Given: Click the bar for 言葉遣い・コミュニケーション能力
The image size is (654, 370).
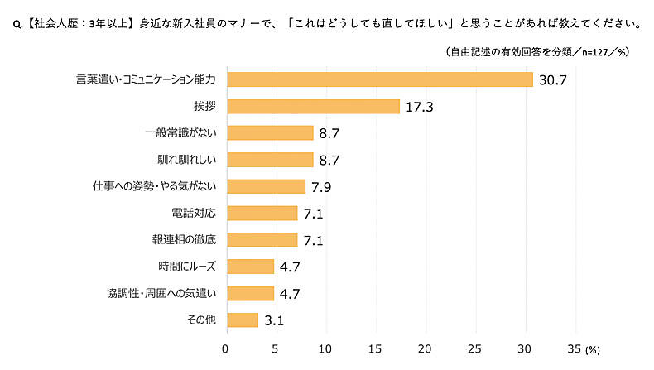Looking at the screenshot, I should (x=379, y=79).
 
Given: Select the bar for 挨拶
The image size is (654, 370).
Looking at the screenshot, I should (x=313, y=106).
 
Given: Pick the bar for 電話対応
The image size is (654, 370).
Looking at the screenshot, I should (x=262, y=213).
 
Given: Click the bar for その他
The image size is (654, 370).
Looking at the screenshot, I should (x=242, y=320).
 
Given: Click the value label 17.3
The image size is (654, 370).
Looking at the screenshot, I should (x=421, y=107).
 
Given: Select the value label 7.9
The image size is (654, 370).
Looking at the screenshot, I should (x=322, y=186).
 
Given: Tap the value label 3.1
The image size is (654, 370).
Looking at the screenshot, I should (x=275, y=320).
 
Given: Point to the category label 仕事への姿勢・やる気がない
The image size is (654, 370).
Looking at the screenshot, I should (x=154, y=186).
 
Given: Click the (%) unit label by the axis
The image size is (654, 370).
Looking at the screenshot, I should (x=595, y=351).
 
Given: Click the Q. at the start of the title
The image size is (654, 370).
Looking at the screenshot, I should (x=12, y=24).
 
